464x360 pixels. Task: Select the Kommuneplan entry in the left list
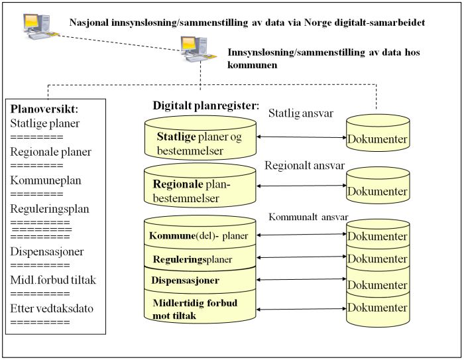42,180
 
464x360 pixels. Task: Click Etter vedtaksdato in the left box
54,308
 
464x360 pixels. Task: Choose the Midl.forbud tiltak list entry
54,280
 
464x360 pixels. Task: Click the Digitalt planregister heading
206,105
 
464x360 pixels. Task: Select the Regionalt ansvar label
305,165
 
